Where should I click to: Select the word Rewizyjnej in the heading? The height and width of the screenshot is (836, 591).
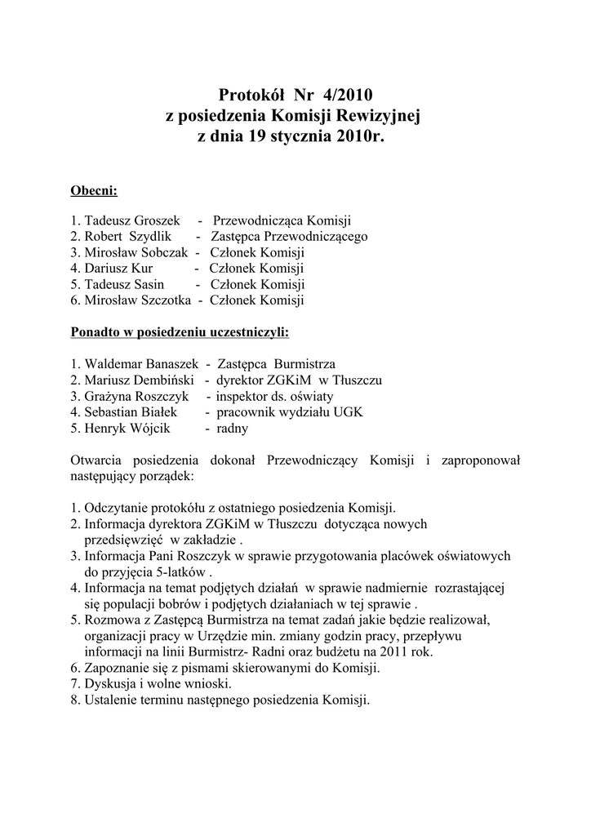coord(378,117)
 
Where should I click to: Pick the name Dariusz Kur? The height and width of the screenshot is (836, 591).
coord(118,268)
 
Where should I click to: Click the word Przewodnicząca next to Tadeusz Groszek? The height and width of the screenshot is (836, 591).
coord(257,220)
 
